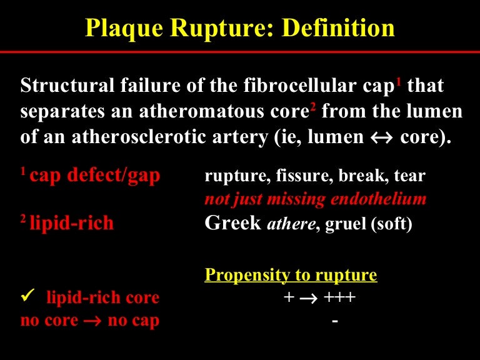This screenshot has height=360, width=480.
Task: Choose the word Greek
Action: (232, 224)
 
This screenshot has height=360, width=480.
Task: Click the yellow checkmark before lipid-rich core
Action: (27, 297)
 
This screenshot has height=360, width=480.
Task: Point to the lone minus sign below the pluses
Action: (336, 320)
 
